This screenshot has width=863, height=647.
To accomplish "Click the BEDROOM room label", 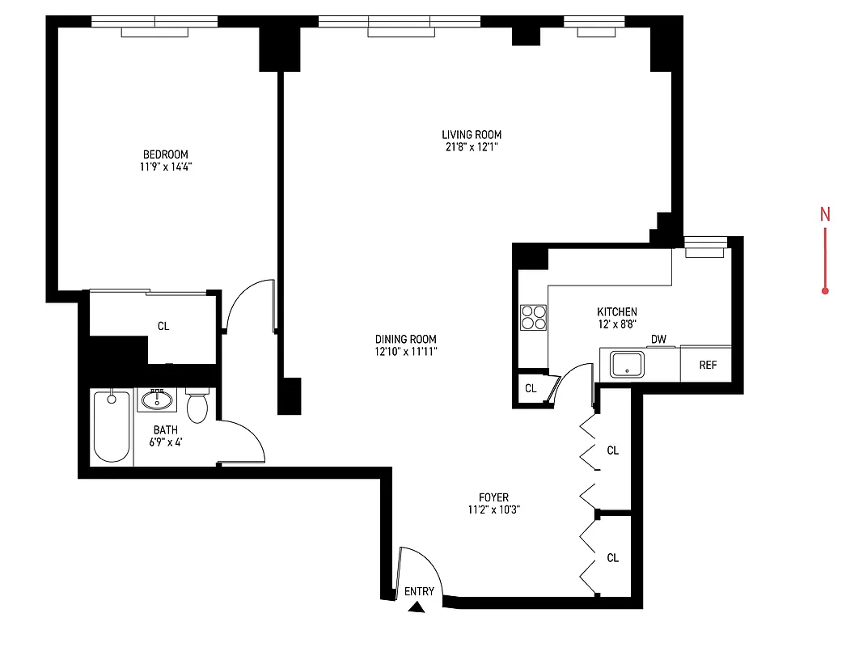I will [165, 154].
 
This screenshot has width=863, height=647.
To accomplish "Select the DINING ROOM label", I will [406, 339].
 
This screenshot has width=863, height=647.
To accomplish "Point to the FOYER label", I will [493, 497].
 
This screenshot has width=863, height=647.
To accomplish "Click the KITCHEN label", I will [617, 311].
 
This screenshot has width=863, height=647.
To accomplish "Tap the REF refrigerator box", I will [708, 365].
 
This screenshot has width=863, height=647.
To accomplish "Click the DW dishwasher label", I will [659, 339].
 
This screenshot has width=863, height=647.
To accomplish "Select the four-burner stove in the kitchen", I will [533, 317].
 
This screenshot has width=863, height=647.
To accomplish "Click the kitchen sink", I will [627, 365].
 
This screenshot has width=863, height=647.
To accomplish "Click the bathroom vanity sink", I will [156, 400].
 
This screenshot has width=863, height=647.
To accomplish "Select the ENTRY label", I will [419, 591].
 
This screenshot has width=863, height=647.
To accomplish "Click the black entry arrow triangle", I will [417, 607].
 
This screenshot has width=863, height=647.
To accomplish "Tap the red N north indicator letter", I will [825, 214].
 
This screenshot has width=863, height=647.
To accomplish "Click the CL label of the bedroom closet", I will [163, 326].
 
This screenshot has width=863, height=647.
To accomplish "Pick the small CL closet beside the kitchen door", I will [531, 388].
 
